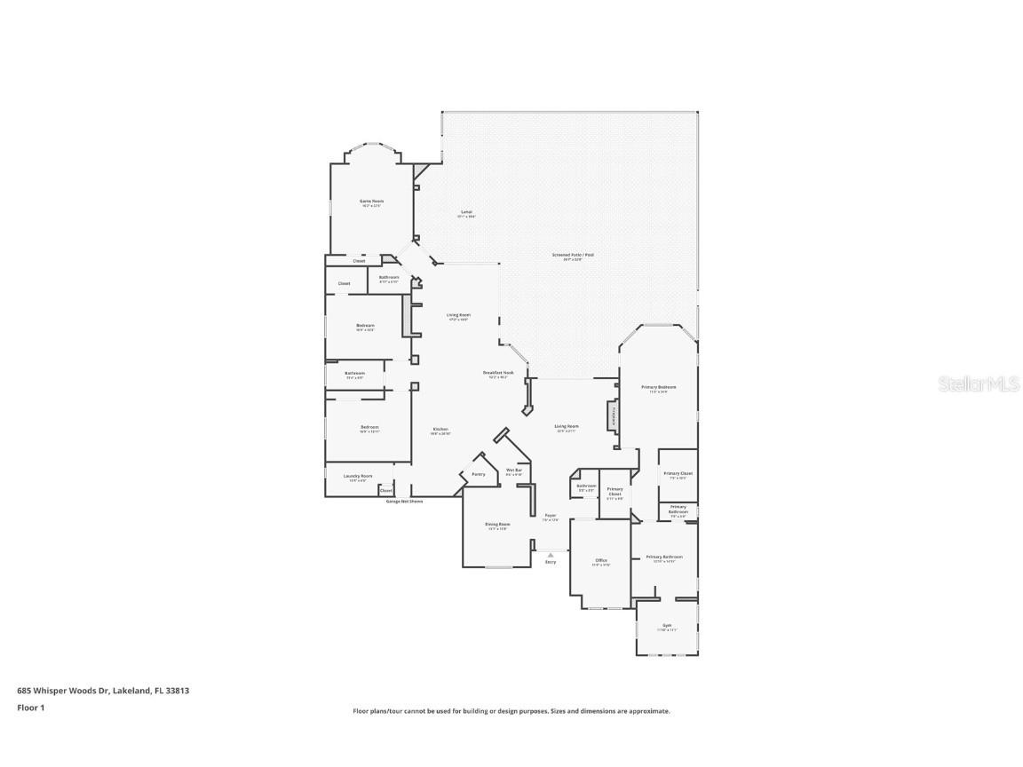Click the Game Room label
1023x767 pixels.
click(371, 202)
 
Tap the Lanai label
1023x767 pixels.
click(466, 212)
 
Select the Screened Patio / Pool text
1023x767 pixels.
click(573, 255)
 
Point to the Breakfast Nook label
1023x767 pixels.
click(497, 373)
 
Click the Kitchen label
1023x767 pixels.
click(440, 430)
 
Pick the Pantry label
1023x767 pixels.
click(478, 474)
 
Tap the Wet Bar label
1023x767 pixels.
click(513, 470)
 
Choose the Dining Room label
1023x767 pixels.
click(497, 524)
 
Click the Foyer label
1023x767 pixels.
click(551, 516)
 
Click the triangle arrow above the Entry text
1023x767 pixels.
click(551, 555)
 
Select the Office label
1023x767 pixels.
click(601, 560)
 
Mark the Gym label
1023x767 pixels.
click(666, 625)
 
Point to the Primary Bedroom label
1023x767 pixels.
click(659, 387)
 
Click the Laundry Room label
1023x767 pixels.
click(357, 476)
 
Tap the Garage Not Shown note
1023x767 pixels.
click(404, 502)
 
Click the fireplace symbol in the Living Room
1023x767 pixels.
click(611, 415)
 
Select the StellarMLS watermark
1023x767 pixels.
click(979, 383)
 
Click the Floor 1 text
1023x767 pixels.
click(30, 708)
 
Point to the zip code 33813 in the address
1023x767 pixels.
click(178, 690)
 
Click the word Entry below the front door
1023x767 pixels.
click(551, 562)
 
